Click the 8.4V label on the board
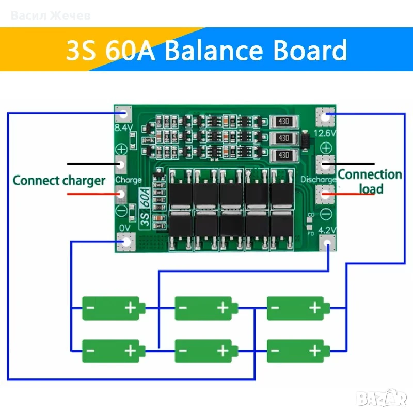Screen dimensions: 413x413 pos(123,128)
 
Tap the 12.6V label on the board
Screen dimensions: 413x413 pos(325,133)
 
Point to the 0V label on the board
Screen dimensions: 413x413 pos(124,228)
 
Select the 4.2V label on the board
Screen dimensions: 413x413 pos(327,230)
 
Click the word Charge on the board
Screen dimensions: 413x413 pos(129,180)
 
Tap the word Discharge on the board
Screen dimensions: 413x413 pos(319,180)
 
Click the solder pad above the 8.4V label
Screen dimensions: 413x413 pos(123,114)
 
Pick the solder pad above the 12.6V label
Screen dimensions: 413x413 pos(326,117)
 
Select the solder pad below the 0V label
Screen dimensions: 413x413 pos(126,242)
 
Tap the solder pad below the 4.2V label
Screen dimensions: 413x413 pos(327,243)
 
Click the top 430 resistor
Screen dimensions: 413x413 pos(284,122)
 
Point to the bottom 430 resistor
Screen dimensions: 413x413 pos(284,155)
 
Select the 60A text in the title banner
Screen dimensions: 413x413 pos(130,50)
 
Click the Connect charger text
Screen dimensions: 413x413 pos(59,181)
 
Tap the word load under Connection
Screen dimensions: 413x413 pos(371,189)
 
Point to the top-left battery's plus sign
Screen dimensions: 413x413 pos(131,308)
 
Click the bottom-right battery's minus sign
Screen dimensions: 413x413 pos(275,351)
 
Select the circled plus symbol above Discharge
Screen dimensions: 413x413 pos(326,148)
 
